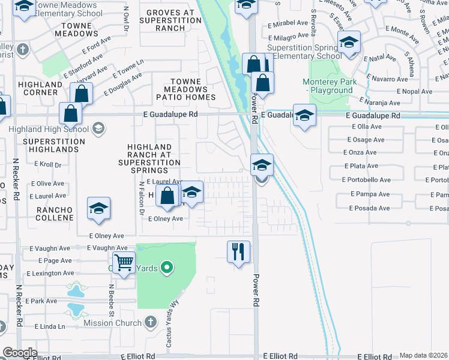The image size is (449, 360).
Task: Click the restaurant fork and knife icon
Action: [x=238, y=251]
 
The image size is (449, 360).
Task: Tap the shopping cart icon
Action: [x=123, y=262]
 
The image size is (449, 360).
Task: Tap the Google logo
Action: [x=20, y=353]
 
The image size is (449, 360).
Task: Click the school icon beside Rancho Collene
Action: [x=98, y=208]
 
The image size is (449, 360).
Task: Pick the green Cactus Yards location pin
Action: [x=167, y=268]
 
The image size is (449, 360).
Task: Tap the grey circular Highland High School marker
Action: [x=98, y=127]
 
